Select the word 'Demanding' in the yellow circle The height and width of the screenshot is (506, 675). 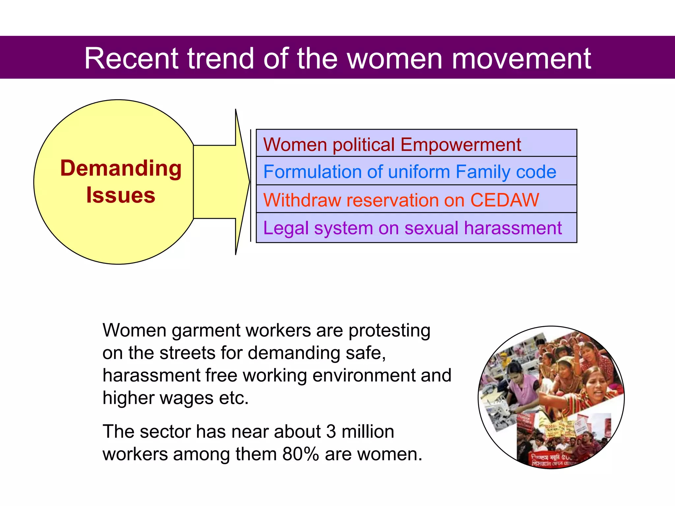(121, 168)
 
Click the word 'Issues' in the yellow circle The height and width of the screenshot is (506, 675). (121, 195)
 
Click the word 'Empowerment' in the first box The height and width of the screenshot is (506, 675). (460, 144)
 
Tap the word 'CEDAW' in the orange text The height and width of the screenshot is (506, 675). (505, 200)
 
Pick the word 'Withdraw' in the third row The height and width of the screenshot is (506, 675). (302, 200)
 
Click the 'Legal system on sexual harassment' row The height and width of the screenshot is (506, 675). (416, 228)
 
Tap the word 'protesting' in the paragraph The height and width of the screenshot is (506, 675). (389, 331)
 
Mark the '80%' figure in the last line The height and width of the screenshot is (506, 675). (301, 454)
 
